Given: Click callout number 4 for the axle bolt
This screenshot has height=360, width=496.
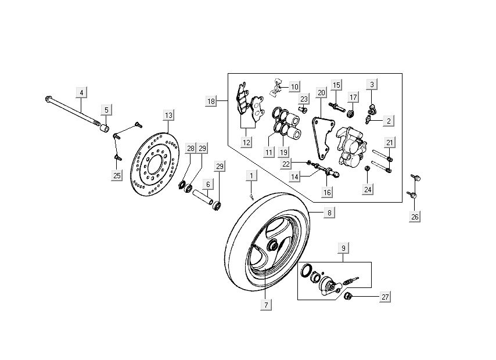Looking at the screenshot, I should coord(81,92).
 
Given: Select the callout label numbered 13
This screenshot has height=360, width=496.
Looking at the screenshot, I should coord(168,115).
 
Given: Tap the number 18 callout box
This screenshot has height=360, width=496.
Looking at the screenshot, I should coord(211,101).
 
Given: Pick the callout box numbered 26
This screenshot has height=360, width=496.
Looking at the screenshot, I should coord(414,217).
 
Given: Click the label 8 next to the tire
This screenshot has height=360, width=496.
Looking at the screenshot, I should coord(329,213).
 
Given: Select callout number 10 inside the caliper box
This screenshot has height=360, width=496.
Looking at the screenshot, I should coord(294,87).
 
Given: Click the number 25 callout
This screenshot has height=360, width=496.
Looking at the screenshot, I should coord(117,175).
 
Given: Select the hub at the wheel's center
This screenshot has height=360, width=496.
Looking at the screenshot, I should coord(271,246).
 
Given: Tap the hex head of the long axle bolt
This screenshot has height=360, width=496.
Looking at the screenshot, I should coord(47,99).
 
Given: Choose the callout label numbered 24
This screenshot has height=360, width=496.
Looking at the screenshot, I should coord(368,189).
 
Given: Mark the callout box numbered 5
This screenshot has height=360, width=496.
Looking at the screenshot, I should coord(106,109).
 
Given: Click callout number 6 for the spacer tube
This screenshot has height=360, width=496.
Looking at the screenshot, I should coord(207,184).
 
